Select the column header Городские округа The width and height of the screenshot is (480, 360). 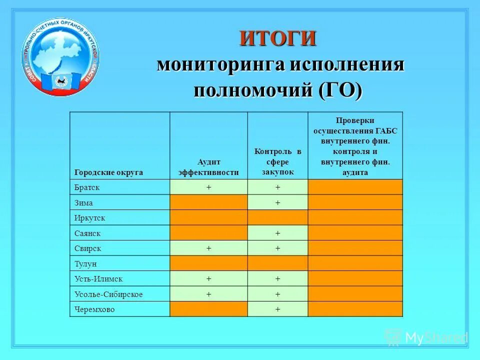pyautogui.click(x=109, y=172)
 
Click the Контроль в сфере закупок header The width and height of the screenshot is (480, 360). pyautogui.click(x=277, y=161)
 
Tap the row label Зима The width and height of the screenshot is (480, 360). pyautogui.click(x=83, y=203)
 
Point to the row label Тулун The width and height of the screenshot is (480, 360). pyautogui.click(x=85, y=263)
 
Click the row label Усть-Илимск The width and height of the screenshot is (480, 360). pyautogui.click(x=98, y=279)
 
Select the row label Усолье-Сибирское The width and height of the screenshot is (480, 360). pyautogui.click(x=108, y=294)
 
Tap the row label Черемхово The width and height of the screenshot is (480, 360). pyautogui.click(x=94, y=309)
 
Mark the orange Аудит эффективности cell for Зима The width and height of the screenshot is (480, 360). pyautogui.click(x=208, y=202)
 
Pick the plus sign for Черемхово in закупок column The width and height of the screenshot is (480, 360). pyautogui.click(x=277, y=309)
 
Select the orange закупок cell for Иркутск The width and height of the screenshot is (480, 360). pyautogui.click(x=277, y=218)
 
